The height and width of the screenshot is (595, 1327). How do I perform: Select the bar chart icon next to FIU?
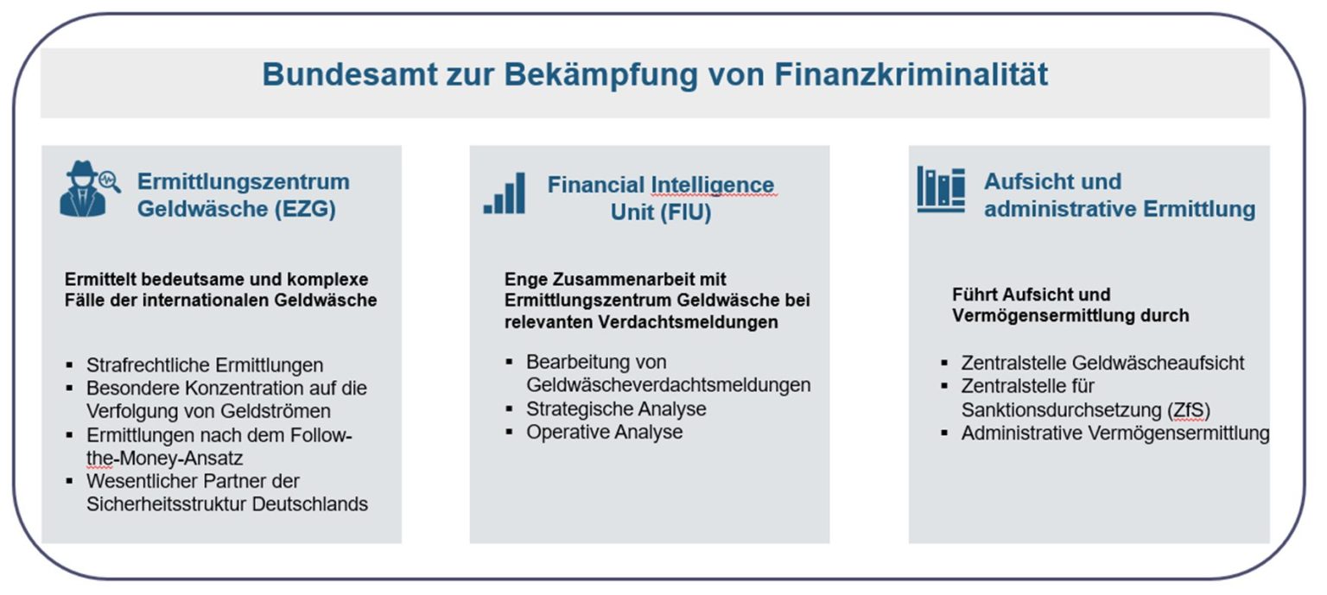pos(505,193)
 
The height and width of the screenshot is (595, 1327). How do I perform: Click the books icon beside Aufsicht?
pos(941,189)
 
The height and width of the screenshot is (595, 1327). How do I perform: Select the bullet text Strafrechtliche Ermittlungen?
pos(205,365)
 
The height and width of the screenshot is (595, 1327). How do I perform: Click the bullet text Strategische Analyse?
pos(616,408)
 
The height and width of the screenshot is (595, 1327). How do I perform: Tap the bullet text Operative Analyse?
pos(604,432)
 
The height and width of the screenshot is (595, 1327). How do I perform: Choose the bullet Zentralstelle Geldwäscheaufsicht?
pos(1102,363)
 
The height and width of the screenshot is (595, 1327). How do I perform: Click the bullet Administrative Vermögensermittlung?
pos(1114,434)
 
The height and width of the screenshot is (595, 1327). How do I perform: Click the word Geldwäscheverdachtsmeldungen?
pos(668,385)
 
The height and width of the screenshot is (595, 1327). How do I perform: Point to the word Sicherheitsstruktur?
pos(167,504)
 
